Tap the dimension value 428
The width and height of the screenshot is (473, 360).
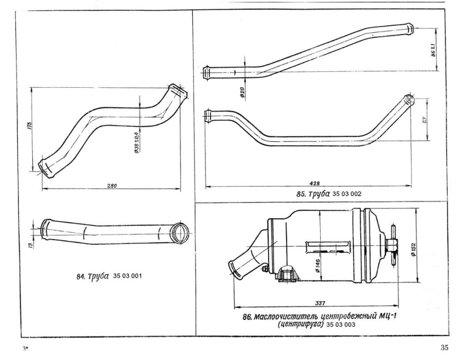pos(315,183)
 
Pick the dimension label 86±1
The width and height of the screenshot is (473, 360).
pos(433,50)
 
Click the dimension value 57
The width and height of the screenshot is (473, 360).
pos(424,119)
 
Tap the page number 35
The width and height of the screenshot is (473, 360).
pos(444,348)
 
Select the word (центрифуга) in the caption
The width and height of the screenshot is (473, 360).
pos(300,325)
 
